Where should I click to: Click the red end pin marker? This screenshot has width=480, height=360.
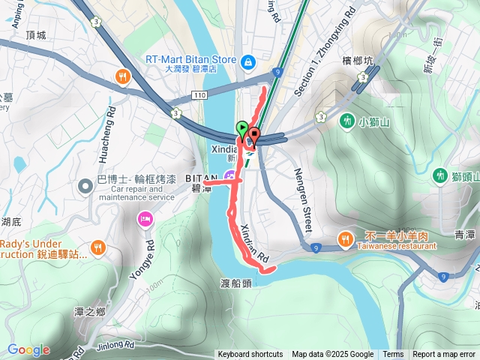[254, 136]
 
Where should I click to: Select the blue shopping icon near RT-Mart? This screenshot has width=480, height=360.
[247, 61]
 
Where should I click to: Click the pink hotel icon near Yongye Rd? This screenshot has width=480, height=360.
[144, 219]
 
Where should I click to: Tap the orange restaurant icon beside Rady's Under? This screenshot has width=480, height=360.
[97, 247]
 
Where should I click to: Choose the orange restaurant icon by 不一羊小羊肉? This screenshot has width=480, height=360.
[345, 239]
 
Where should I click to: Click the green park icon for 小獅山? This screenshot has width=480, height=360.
[346, 121]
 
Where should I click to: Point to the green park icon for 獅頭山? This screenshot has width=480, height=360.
[440, 175]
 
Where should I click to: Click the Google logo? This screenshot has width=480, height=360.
[28, 349]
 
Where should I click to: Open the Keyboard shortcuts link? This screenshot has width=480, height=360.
[250, 355]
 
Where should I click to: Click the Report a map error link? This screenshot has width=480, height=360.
[445, 355]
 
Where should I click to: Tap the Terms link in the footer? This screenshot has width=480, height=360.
[393, 355]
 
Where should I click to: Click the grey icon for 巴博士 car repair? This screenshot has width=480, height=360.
[88, 184]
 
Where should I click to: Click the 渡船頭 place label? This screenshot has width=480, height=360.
[235, 284]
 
